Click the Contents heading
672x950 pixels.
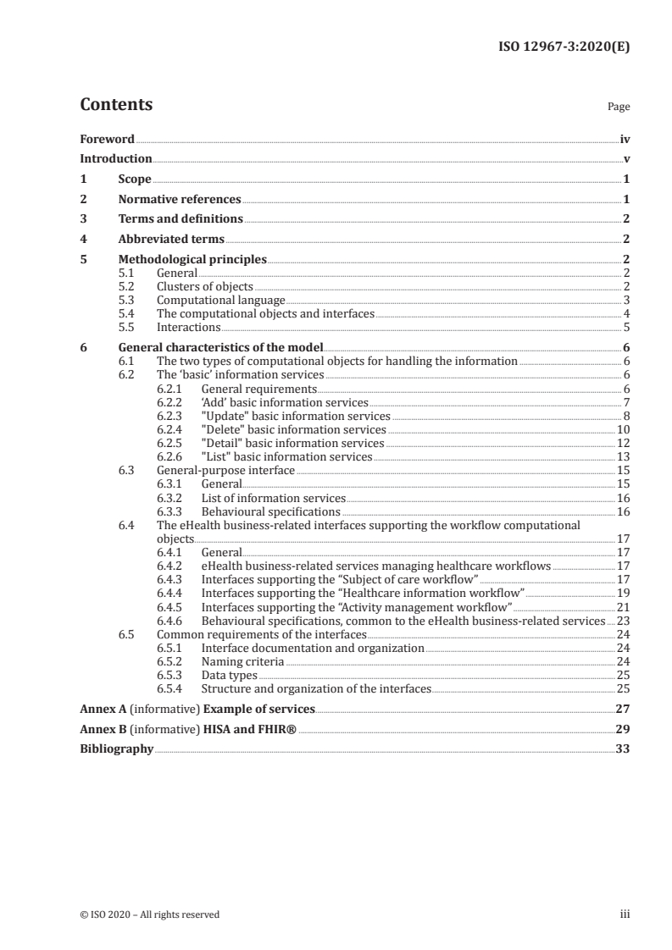116,105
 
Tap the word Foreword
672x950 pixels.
107,139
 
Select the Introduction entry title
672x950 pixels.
116,159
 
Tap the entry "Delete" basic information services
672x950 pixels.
293,430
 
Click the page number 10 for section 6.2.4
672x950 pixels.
623,430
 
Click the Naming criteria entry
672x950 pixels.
242,660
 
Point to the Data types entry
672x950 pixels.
228,675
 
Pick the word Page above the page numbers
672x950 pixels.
619,108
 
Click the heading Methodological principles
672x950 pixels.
192,260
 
